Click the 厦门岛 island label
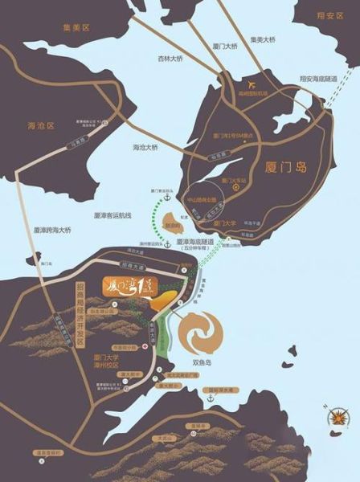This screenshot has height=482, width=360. [287, 170]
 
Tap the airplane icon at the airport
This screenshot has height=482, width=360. [252, 84]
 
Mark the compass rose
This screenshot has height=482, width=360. [337, 418]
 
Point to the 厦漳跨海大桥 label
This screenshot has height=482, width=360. [32, 229]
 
